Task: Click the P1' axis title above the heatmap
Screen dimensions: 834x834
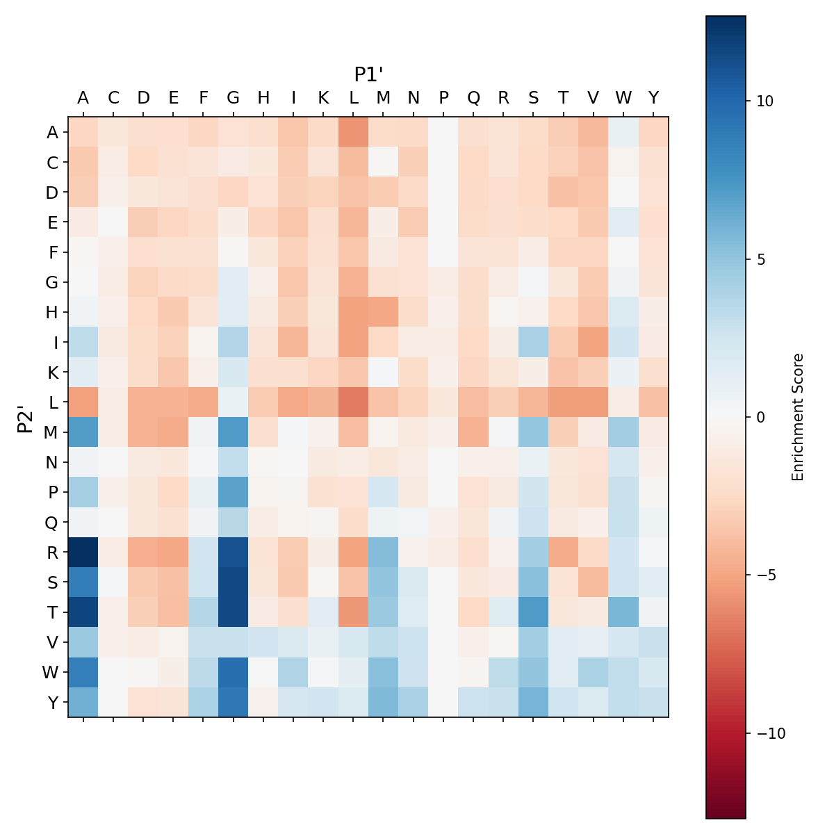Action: click(369, 74)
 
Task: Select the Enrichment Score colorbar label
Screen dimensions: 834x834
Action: click(798, 417)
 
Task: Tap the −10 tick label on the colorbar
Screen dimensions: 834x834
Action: click(766, 734)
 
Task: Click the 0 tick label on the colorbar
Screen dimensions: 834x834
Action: click(759, 417)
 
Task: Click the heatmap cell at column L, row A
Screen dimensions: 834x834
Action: click(354, 132)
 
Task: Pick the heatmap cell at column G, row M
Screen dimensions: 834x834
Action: click(234, 432)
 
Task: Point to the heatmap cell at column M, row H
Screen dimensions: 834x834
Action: click(384, 312)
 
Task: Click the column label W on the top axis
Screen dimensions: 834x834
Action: click(623, 98)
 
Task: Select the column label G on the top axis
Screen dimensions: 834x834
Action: click(234, 98)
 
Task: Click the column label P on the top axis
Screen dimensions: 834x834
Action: click(443, 98)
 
